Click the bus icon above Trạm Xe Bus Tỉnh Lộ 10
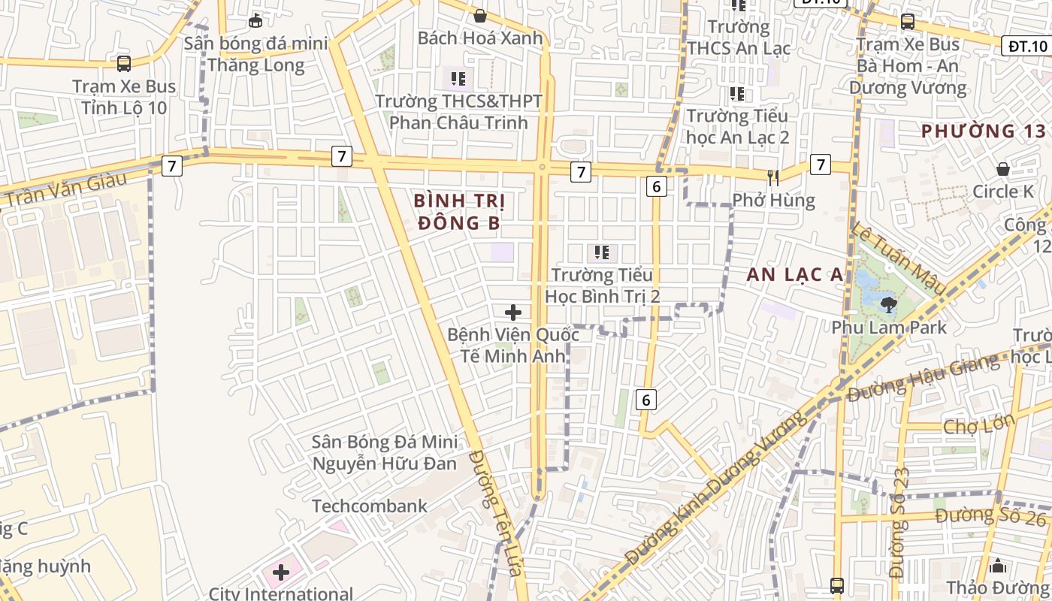pos(124,64)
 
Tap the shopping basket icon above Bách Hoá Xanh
pos(479,16)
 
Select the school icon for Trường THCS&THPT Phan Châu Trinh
pos(458,78)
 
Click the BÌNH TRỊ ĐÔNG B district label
pos(459,212)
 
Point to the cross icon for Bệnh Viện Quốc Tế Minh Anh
pos(513,313)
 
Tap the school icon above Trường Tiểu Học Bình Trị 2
pos(602,253)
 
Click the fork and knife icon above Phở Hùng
pos(772,178)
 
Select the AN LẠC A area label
pos(795,275)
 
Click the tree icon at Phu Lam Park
pos(889,305)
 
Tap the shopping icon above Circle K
pos(1002,169)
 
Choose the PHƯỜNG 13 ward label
pos(983,131)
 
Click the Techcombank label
pos(370,506)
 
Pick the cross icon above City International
pos(281,573)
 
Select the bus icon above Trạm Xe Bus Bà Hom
pos(907,22)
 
